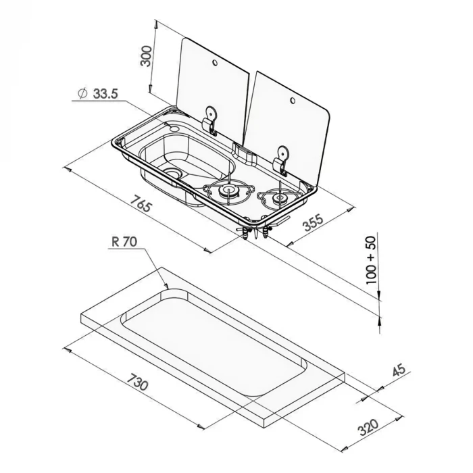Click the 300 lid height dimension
pyautogui.click(x=147, y=56)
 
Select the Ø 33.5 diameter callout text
pyautogui.click(x=97, y=93)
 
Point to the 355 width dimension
pyautogui.click(x=313, y=222)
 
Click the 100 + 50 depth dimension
pyautogui.click(x=371, y=260)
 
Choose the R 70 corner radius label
pyautogui.click(x=124, y=242)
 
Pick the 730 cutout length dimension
pyautogui.click(x=137, y=382)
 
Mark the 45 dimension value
pyautogui.click(x=399, y=370)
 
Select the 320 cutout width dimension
pyautogui.click(x=368, y=427)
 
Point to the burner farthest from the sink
pyautogui.click(x=279, y=198)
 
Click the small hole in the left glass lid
pyautogui.click(x=215, y=62)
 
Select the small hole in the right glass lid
pyautogui.click(x=293, y=100)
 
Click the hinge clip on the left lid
pyautogui.click(x=210, y=120)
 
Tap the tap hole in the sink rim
pyautogui.click(x=174, y=129)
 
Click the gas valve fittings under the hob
pyautogui.click(x=256, y=231)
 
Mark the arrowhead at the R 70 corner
pyautogui.click(x=166, y=286)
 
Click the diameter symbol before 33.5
pyautogui.click(x=82, y=93)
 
